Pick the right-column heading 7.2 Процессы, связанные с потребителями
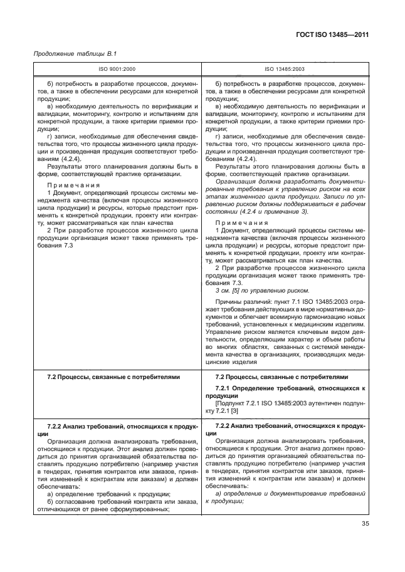coord(281,378)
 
